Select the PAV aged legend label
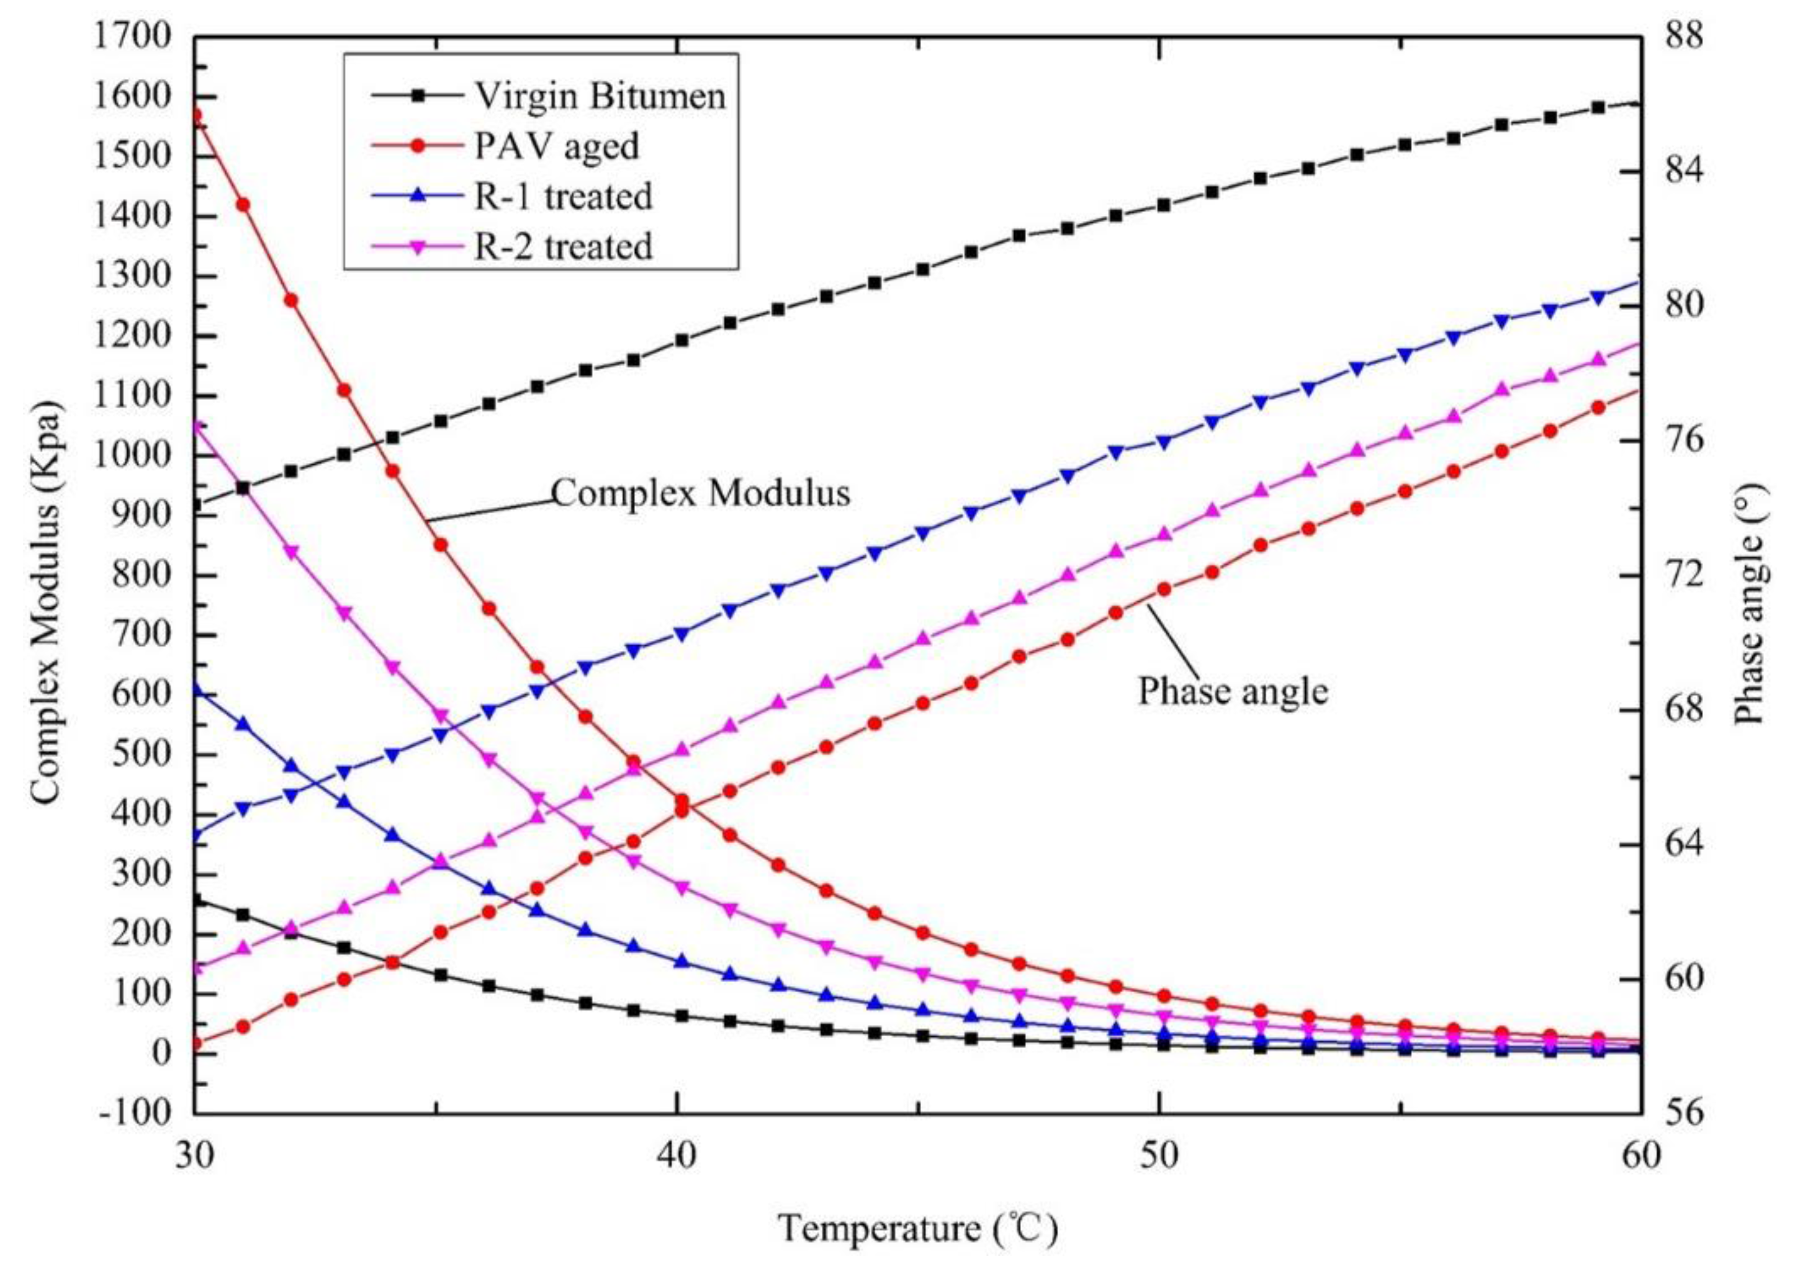click(557, 146)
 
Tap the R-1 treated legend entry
click(563, 196)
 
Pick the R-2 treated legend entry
click(563, 247)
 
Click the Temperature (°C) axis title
click(918, 1228)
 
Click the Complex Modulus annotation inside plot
click(701, 493)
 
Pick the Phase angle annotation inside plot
click(1232, 691)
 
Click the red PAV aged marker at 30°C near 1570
click(196, 115)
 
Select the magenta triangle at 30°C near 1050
click(196, 427)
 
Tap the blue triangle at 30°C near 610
click(196, 690)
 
